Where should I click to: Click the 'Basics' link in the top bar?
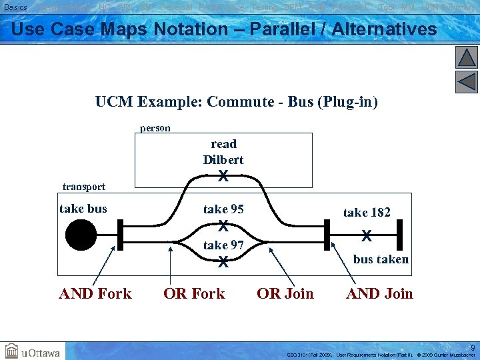click(15, 7)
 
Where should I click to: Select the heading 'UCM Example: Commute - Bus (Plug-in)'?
click(236, 102)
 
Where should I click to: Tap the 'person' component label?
click(155, 127)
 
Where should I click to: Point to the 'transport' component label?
click(83, 186)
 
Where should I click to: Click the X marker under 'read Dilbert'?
click(223, 177)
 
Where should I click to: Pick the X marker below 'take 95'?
click(223, 225)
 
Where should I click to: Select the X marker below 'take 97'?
click(223, 262)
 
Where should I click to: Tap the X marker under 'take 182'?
click(366, 235)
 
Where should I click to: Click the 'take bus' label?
click(83, 209)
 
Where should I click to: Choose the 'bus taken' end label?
click(381, 259)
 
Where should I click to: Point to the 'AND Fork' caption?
click(95, 293)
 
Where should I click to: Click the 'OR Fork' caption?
click(195, 293)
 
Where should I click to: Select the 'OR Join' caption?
click(285, 293)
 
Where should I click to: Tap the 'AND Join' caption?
click(379, 293)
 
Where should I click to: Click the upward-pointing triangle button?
click(467, 57)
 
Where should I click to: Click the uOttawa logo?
click(33, 351)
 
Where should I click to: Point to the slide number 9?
click(473, 347)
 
